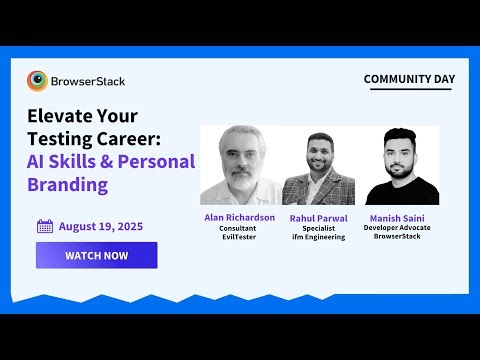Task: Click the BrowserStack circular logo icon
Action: [38, 80]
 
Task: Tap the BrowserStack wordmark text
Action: [89, 80]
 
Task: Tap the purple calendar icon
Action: [45, 226]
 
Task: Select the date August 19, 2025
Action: [100, 226]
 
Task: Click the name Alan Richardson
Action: [238, 217]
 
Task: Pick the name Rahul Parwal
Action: [318, 217]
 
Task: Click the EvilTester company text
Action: [238, 237]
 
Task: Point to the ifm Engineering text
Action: [318, 237]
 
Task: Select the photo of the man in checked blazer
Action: [318, 170]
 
